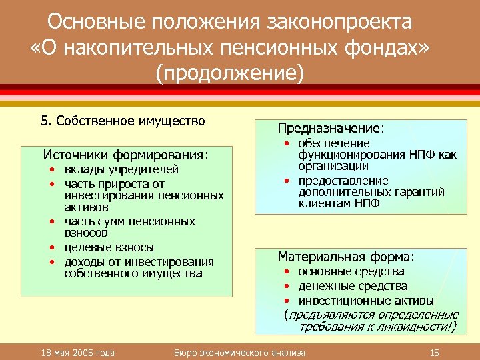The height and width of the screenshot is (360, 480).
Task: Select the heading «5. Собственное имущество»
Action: [x=123, y=121]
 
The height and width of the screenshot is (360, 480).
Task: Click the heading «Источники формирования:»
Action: [x=125, y=155]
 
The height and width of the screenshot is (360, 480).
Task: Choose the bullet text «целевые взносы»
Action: [x=109, y=247]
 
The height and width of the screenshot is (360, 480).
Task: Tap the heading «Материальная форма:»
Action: [x=346, y=256]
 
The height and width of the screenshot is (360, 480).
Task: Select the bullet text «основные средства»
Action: [x=351, y=271]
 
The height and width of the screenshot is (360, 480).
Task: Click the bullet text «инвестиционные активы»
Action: [x=365, y=300]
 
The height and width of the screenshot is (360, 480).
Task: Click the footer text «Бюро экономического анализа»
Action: [x=239, y=352]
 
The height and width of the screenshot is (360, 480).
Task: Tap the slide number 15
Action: [x=435, y=352]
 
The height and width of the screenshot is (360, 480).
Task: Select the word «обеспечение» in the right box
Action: [x=334, y=143]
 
